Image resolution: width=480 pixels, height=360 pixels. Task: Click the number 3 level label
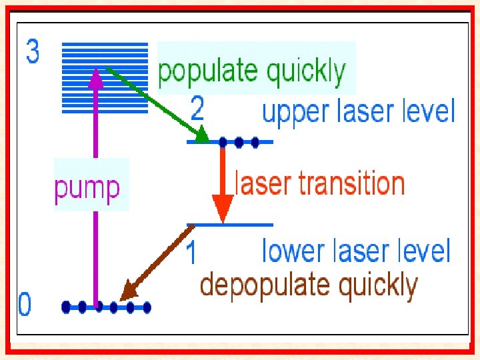pyautogui.click(x=33, y=53)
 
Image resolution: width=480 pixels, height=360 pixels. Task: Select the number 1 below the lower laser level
pyautogui.click(x=191, y=254)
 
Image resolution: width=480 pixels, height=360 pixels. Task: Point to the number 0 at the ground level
pyautogui.click(x=25, y=306)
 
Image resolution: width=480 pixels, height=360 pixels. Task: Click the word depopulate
pyautogui.click(x=263, y=285)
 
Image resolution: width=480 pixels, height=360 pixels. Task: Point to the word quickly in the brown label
pyautogui.click(x=377, y=285)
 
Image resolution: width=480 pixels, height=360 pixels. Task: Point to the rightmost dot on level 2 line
pyautogui.click(x=255, y=141)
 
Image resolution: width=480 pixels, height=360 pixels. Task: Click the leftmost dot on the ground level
pyautogui.click(x=66, y=307)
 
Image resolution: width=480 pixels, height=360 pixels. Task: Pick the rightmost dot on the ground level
pyautogui.click(x=147, y=307)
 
